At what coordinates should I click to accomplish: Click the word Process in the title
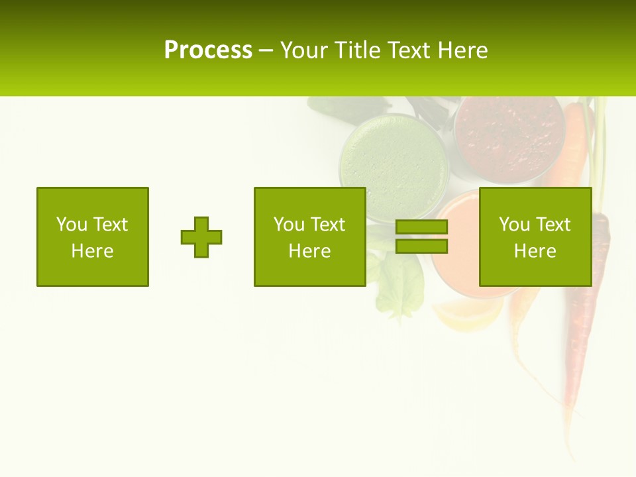click(208, 50)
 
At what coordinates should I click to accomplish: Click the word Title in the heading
click(359, 50)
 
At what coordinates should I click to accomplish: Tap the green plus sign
click(201, 237)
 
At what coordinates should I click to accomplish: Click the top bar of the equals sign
click(421, 227)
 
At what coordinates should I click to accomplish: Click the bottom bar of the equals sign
click(421, 246)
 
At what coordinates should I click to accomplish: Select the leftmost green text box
click(93, 237)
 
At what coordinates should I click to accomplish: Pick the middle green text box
click(310, 237)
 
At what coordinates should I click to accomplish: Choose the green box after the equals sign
click(535, 237)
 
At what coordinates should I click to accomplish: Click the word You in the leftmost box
click(72, 225)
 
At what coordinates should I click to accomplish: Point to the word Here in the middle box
click(310, 251)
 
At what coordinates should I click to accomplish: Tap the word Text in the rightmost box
click(554, 225)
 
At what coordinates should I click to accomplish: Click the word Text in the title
click(409, 50)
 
